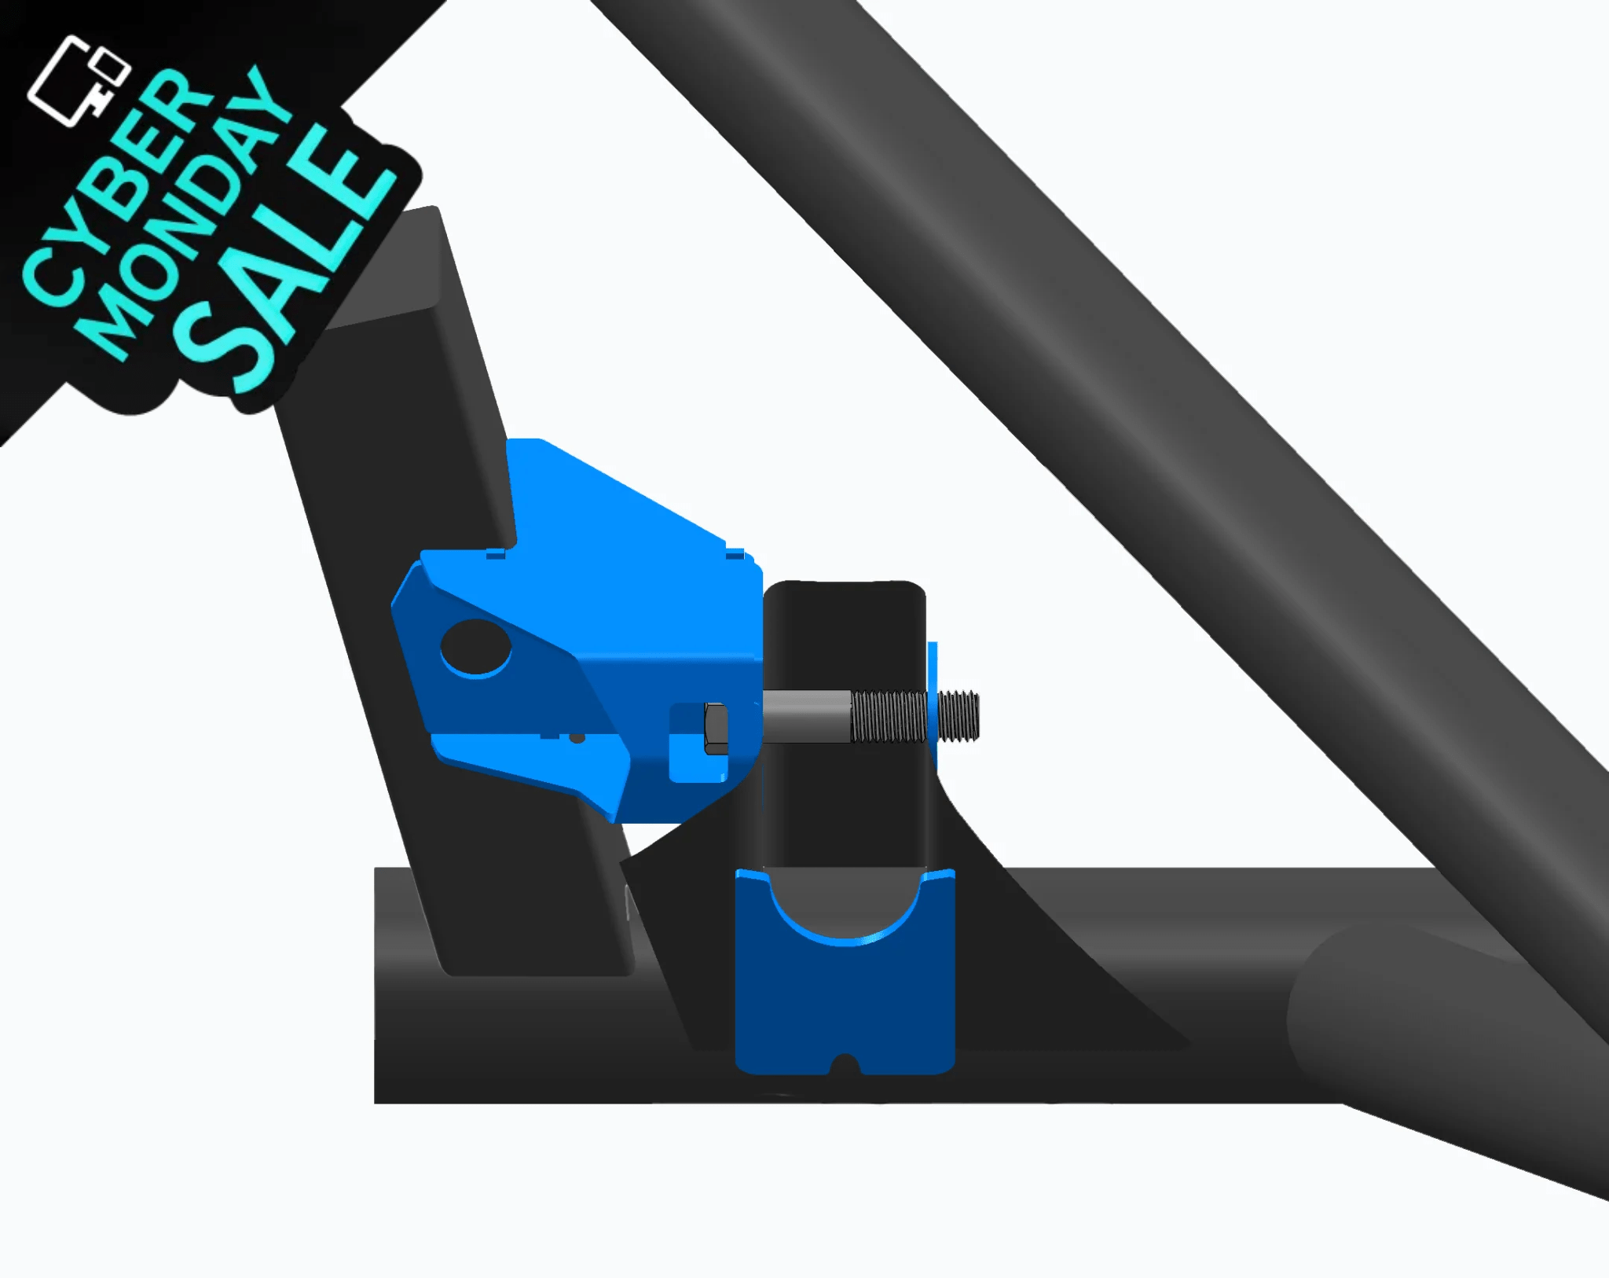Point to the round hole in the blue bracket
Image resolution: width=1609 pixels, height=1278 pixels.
pyautogui.click(x=475, y=646)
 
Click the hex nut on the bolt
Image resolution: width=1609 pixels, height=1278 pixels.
pyautogui.click(x=716, y=729)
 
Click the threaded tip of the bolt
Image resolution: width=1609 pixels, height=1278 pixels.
pyautogui.click(x=959, y=715)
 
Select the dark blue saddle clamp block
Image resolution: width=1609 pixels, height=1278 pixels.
pyautogui.click(x=845, y=1006)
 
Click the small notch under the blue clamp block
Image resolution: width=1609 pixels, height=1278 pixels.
pyautogui.click(x=845, y=1065)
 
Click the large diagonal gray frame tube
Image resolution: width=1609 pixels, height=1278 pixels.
pyautogui.click(x=1100, y=314)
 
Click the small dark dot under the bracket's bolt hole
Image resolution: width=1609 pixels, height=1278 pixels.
pyautogui.click(x=577, y=738)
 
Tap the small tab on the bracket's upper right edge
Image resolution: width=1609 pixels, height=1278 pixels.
pyautogui.click(x=735, y=554)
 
